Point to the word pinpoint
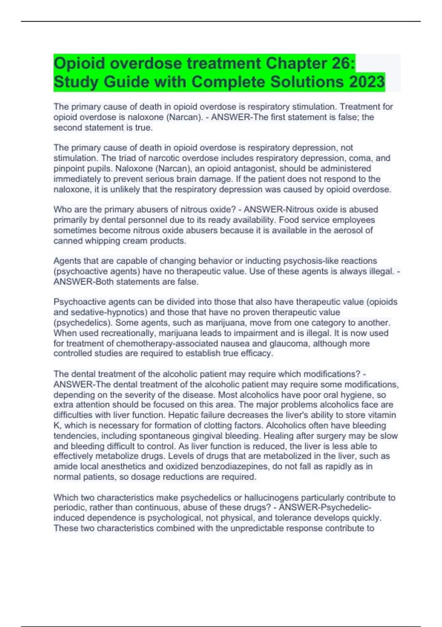[x=69, y=169]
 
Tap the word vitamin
[x=382, y=415]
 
